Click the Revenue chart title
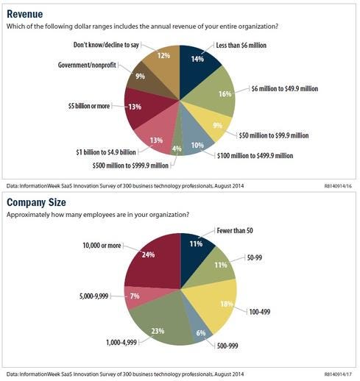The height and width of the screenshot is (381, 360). [24, 13]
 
